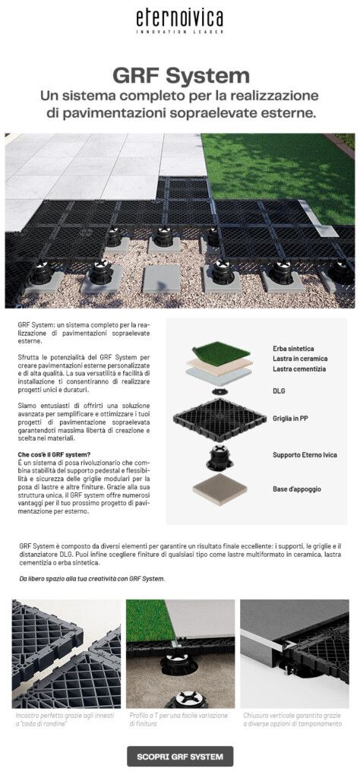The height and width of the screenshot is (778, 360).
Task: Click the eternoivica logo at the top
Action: [180, 18]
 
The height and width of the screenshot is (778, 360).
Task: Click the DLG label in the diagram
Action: [279, 391]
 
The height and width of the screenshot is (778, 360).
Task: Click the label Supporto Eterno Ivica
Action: [305, 455]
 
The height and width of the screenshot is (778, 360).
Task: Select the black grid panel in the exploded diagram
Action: [219, 419]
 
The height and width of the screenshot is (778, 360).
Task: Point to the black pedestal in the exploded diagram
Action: [219, 459]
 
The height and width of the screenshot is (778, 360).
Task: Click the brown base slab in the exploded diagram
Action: [219, 491]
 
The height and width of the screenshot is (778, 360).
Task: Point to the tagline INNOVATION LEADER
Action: [180, 32]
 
